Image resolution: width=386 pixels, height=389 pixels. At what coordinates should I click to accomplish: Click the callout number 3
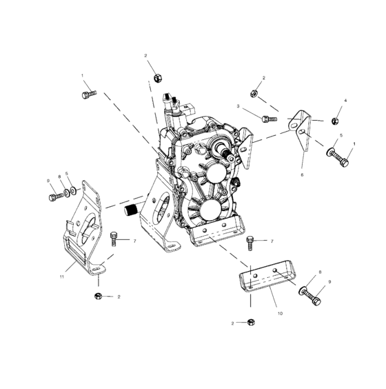238,107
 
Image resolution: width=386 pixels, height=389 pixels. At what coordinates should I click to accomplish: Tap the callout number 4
346,101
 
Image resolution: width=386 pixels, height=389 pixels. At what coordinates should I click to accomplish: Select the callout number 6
301,175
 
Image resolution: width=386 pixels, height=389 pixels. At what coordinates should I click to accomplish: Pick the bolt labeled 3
268,119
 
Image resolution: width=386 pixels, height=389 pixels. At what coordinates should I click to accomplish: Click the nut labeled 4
334,121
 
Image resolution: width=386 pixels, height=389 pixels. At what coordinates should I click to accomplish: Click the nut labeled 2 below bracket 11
99,296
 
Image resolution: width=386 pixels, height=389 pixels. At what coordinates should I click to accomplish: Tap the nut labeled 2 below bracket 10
251,322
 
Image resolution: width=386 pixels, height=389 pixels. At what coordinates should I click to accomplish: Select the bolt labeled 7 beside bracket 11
114,239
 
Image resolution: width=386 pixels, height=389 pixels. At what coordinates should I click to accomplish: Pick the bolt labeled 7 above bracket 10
251,243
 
